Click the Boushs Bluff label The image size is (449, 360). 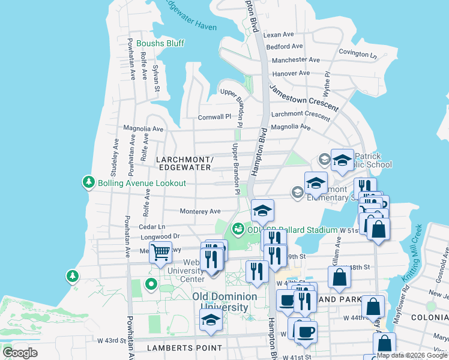160,43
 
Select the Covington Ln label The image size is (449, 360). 357,53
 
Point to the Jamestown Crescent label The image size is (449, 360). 303,97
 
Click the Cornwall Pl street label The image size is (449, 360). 214,117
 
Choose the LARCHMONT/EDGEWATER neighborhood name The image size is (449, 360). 184,163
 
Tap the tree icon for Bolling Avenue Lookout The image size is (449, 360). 89,182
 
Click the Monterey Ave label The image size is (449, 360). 200,211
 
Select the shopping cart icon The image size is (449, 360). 160,252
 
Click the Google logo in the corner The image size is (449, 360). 20,353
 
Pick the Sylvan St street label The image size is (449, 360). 155,78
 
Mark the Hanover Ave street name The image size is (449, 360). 291,73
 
